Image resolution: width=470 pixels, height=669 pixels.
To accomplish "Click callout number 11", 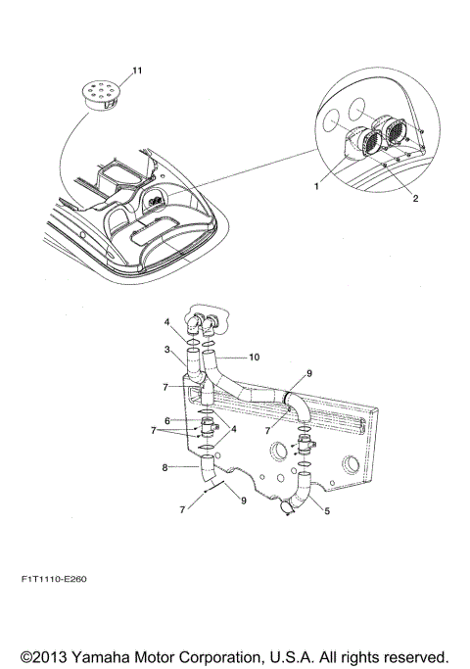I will [x=137, y=71].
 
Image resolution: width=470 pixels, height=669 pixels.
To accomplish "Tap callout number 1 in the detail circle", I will [x=316, y=182].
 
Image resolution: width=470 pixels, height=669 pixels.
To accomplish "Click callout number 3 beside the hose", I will [x=167, y=351].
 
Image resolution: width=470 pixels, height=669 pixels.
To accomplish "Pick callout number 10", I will [x=254, y=358].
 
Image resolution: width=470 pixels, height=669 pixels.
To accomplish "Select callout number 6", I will [x=167, y=421].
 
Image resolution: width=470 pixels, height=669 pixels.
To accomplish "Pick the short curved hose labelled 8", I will [x=209, y=473].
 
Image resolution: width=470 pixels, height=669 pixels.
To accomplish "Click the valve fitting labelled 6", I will [x=209, y=428].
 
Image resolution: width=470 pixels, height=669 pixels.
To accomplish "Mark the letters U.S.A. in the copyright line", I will [x=319, y=654].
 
